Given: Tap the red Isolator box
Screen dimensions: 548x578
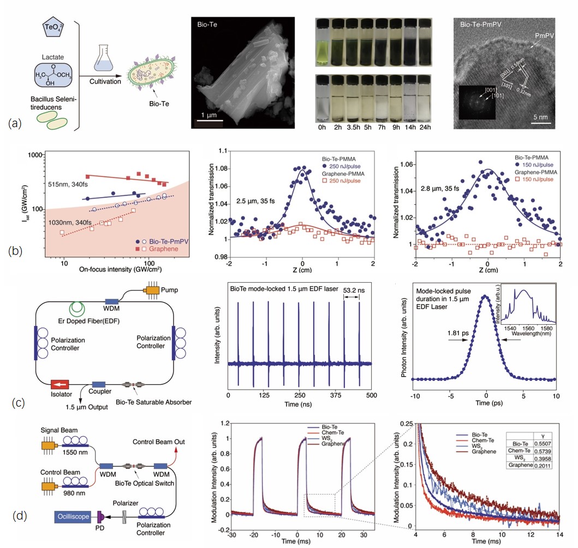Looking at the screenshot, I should (x=62, y=384).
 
